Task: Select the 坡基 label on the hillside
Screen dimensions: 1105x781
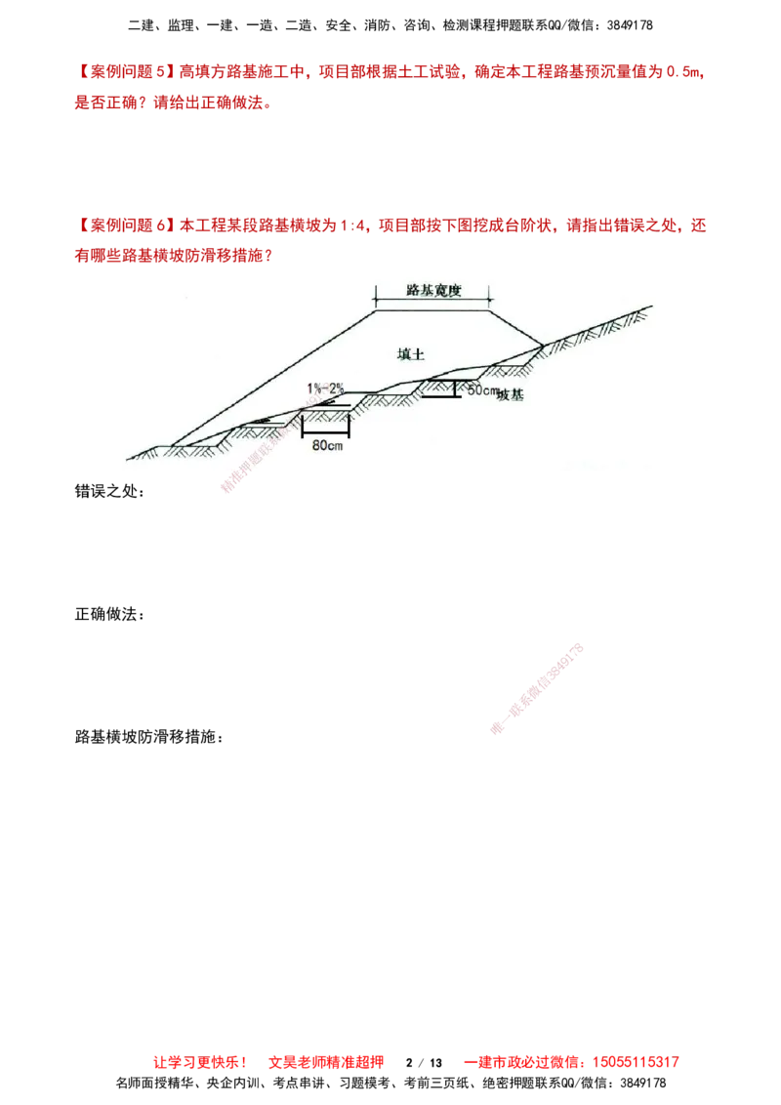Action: tap(510, 395)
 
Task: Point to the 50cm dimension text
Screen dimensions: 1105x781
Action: tap(482, 390)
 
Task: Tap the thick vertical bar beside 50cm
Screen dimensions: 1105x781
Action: tap(455, 389)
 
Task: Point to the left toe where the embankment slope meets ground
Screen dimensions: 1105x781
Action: tap(173, 446)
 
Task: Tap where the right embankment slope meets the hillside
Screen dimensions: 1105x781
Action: tap(542, 344)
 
